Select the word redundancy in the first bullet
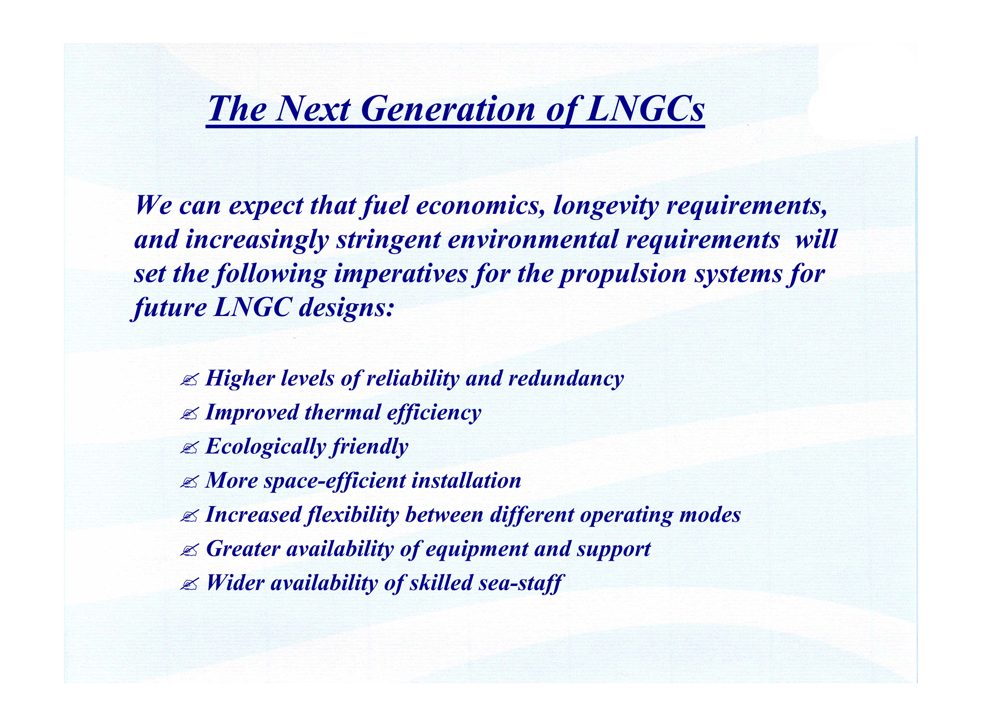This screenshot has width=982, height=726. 566,379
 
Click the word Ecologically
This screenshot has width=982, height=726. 266,447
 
